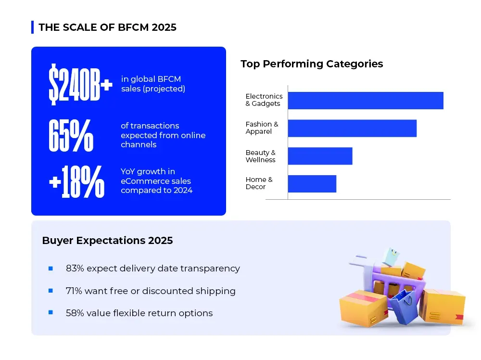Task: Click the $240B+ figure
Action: coord(80,85)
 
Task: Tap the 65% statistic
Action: coord(71,135)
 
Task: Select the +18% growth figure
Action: coord(77,181)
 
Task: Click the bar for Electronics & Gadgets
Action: coord(366,100)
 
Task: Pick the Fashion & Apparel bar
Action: coord(352,128)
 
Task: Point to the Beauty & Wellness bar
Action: coord(320,156)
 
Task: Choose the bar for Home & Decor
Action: coord(312,184)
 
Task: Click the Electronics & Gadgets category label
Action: coord(264,100)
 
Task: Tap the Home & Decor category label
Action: coord(259,183)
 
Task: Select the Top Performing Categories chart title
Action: coord(312,64)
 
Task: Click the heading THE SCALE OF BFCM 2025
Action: coord(107,27)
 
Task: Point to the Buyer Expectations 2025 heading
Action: coord(107,241)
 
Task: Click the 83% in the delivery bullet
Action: coord(75,269)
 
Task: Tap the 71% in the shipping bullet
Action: coord(75,291)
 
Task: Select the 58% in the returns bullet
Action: coord(75,313)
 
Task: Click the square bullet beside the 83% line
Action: coord(51,269)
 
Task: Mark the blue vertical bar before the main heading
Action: coord(32,27)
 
